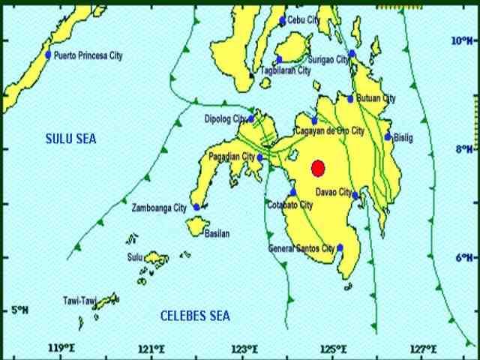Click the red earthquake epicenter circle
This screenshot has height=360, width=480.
317,167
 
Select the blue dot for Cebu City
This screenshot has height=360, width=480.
283,21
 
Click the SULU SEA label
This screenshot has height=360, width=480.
71,139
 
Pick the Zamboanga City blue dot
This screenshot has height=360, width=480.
196,207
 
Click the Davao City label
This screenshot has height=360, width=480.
334,193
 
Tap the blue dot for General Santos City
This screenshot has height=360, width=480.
340,247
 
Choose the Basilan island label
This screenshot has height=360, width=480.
217,234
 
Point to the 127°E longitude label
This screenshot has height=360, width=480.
425,349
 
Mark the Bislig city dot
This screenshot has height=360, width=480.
388,136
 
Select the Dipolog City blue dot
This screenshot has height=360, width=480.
252,118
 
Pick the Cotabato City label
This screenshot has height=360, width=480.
290,205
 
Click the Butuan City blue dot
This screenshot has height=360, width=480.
350,98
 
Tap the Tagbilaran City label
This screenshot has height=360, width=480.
285,70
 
